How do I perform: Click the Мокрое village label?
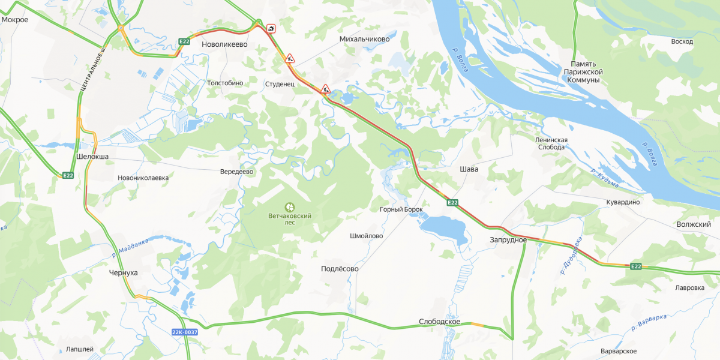[15, 19]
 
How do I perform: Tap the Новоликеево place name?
[224, 44]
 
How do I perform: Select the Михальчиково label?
[364, 39]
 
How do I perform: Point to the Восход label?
[682, 41]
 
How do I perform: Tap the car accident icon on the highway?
[272, 28]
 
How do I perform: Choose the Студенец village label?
[280, 85]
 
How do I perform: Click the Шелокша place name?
[92, 157]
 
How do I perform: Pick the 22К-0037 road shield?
[184, 332]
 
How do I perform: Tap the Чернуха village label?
[124, 272]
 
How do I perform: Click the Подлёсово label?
[340, 269]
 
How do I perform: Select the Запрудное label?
[508, 240]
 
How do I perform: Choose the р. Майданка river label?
[130, 247]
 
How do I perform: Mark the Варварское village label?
[619, 351]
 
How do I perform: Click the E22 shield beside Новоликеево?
[184, 41]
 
